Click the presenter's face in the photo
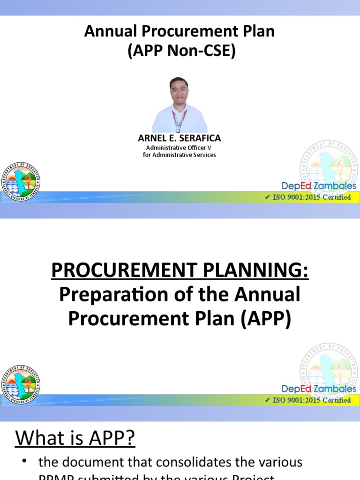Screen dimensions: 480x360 [x=179, y=92]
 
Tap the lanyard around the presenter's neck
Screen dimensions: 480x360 [x=180, y=120]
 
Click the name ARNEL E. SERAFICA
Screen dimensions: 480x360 [x=180, y=138]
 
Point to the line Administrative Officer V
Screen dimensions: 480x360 [x=180, y=148]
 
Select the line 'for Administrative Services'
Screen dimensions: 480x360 [x=180, y=155]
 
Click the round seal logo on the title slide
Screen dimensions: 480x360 [x=22, y=182]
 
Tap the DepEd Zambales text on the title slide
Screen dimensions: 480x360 [x=319, y=186]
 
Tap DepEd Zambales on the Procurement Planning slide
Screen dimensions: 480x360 [x=319, y=389]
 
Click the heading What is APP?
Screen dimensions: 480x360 [x=75, y=439]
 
